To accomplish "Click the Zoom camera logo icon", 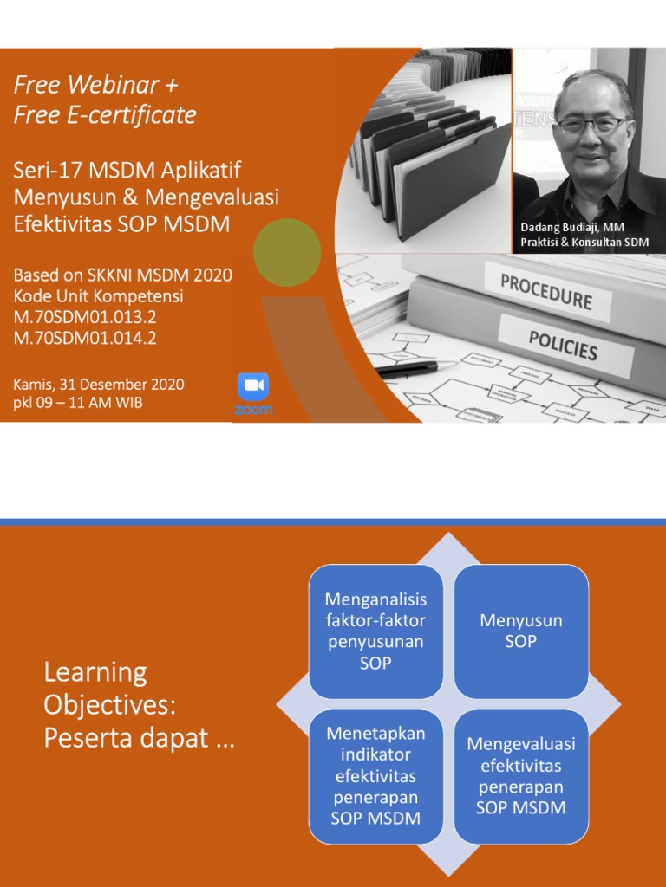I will (x=253, y=386).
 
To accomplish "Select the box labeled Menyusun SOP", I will (x=521, y=631).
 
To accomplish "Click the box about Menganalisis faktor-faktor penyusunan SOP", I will (x=375, y=631).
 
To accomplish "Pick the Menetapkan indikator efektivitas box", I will (x=375, y=775).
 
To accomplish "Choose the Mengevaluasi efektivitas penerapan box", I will (x=521, y=775).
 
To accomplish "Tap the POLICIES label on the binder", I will (x=563, y=344).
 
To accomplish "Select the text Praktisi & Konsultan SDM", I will (x=584, y=243).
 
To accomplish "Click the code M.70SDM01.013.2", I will (x=85, y=317).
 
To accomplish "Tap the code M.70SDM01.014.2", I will (x=85, y=338).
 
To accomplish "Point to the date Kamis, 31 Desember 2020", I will (x=99, y=384).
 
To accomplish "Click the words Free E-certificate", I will (x=105, y=115).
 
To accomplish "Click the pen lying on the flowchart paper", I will (x=408, y=369).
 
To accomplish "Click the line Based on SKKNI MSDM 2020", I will (x=123, y=275).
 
